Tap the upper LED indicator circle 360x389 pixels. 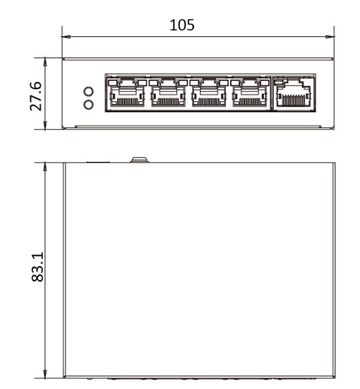point(87,89)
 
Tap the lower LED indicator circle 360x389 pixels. point(87,105)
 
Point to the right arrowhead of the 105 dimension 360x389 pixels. point(333,36)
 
